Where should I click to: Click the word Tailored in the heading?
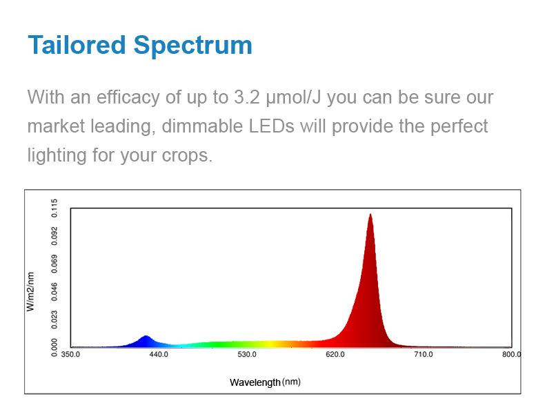(x=77, y=46)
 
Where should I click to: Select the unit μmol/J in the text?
(x=294, y=98)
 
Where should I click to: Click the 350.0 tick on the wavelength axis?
(x=71, y=355)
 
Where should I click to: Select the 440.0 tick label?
(x=159, y=355)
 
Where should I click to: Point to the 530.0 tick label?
(x=247, y=355)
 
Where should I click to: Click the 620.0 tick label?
(x=335, y=355)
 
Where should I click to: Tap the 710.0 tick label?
(x=424, y=355)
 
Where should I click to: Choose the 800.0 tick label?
(x=511, y=355)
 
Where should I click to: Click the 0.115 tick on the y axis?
(x=55, y=209)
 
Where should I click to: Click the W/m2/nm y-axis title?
(x=30, y=291)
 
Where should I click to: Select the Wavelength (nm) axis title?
(x=265, y=382)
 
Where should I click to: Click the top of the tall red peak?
(x=370, y=215)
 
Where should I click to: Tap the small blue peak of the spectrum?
(x=146, y=337)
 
